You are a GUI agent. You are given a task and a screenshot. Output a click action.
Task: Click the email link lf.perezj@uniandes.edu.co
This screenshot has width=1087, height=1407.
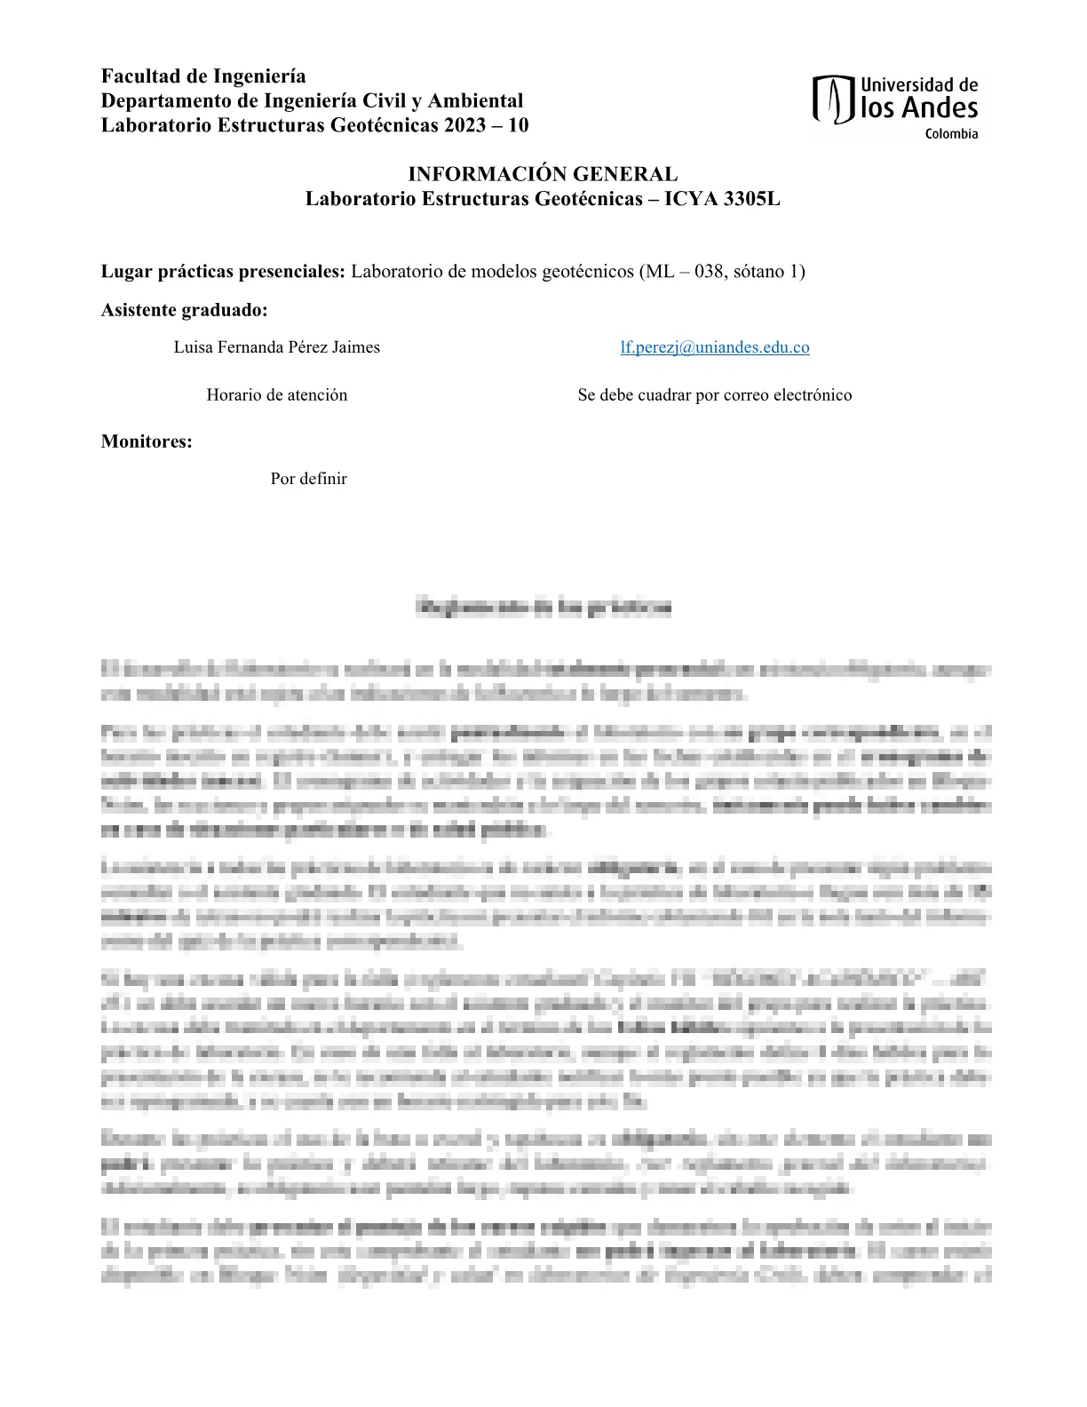tap(714, 347)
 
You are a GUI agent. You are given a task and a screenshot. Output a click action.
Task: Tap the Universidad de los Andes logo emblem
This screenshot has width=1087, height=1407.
tap(833, 99)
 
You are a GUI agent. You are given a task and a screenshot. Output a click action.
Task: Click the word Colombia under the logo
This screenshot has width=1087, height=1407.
tap(951, 134)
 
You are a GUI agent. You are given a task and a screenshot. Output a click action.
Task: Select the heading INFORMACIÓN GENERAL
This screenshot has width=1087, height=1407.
tap(543, 174)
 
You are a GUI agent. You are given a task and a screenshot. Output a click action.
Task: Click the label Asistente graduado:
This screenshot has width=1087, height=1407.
tap(184, 310)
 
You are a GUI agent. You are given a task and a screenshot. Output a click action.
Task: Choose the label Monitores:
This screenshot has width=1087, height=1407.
tap(147, 441)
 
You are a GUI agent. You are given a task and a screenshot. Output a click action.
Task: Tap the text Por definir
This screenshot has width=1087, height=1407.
tap(308, 479)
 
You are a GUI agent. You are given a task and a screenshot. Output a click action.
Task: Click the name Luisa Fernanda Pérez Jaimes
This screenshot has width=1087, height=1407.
tap(276, 347)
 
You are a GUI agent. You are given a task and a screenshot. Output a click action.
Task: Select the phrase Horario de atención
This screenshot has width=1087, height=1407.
tap(276, 395)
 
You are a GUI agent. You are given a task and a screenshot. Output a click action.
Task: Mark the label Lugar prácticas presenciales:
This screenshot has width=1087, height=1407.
tap(222, 272)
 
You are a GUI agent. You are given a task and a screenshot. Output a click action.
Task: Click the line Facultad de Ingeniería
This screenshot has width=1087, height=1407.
tap(203, 76)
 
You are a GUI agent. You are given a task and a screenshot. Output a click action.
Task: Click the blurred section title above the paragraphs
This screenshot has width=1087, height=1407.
tap(543, 608)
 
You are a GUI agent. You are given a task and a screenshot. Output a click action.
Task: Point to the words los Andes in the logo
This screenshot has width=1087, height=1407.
tap(919, 108)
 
